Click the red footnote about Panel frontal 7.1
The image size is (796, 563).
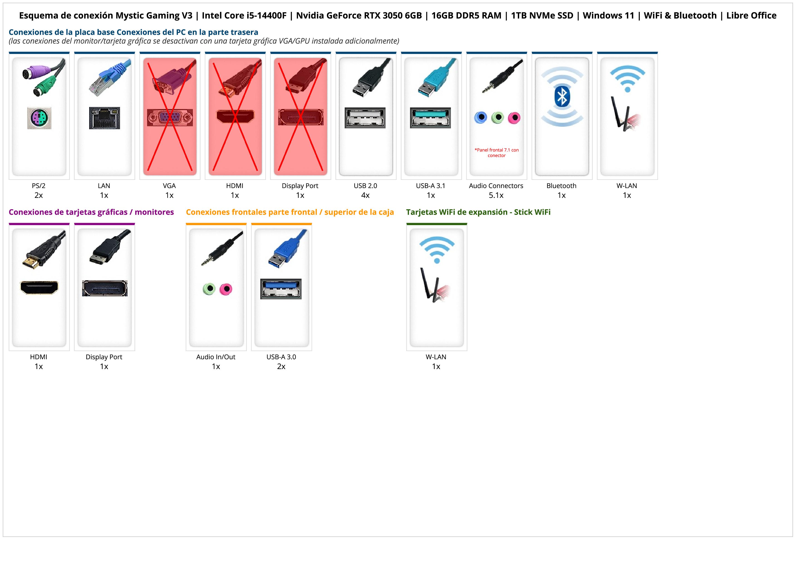pyautogui.click(x=496, y=153)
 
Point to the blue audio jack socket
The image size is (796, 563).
pyautogui.click(x=481, y=118)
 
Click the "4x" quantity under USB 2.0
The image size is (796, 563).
pyautogui.click(x=365, y=195)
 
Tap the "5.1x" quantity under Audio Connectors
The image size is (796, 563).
pyautogui.click(x=496, y=195)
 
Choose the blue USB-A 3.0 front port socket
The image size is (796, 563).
pyautogui.click(x=281, y=289)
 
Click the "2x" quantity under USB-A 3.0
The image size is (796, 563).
pyautogui.click(x=281, y=366)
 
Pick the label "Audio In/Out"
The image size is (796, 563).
pyautogui.click(x=216, y=357)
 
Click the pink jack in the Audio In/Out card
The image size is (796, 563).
pyautogui.click(x=226, y=289)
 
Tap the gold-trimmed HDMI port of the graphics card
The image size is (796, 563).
pyautogui.click(x=39, y=287)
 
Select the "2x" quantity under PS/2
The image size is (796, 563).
pyautogui.click(x=39, y=195)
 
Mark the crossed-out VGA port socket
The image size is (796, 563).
pyautogui.click(x=170, y=118)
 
